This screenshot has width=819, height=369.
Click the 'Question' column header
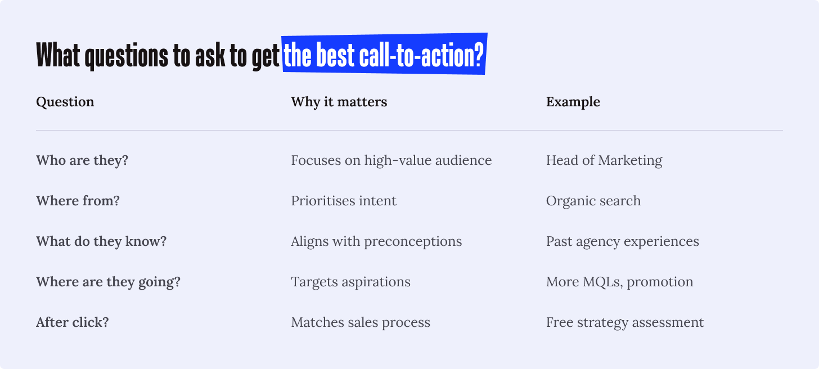[x=65, y=102]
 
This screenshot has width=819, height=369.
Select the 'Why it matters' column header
[x=339, y=102]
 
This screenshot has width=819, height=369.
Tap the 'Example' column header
[x=573, y=102]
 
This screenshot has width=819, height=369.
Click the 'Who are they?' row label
[x=82, y=160]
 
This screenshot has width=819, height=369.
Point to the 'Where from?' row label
[x=78, y=201]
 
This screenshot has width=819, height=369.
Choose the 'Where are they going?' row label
[x=108, y=282]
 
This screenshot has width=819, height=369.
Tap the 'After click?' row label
[x=73, y=322]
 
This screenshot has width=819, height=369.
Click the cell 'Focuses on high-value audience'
[x=391, y=160]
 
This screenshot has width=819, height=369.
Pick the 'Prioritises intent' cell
[x=344, y=201]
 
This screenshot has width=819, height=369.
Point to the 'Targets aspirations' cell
[x=350, y=282]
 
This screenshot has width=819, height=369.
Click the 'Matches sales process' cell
[x=361, y=322]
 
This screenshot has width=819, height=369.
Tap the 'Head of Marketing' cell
[x=604, y=160]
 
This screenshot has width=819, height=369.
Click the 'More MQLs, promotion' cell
[x=619, y=282]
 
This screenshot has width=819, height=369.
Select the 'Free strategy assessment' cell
[x=625, y=322]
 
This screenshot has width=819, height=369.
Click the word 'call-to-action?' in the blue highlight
[x=421, y=55]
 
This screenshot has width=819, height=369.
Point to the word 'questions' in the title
[x=127, y=56]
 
